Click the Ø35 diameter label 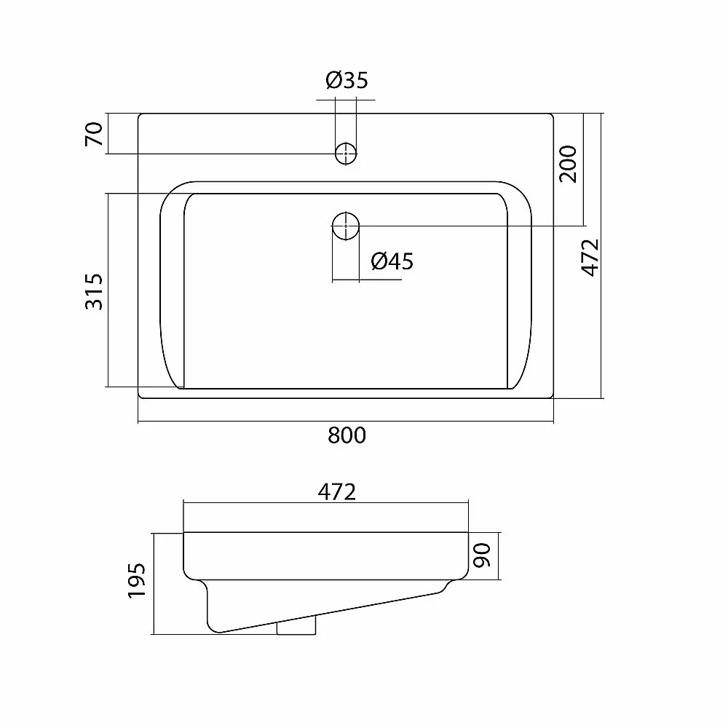[x=347, y=80]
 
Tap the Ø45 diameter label [x=392, y=261]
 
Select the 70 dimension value [x=94, y=134]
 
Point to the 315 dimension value [x=94, y=291]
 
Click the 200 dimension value [x=568, y=164]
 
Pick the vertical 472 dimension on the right [x=590, y=258]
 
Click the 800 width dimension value [x=347, y=435]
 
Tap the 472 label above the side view [x=336, y=491]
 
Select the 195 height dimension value [x=137, y=580]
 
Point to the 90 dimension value [x=482, y=555]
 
